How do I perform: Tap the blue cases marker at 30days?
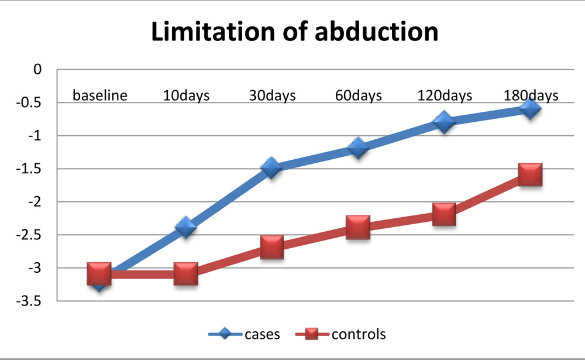click(271, 168)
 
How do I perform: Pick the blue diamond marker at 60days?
click(357, 148)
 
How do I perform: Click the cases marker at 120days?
click(444, 122)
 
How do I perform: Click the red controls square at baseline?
click(99, 273)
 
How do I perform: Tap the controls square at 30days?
click(271, 247)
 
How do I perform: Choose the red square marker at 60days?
click(357, 227)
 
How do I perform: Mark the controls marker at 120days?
click(444, 214)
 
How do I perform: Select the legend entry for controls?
click(343, 334)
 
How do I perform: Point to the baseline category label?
click(99, 95)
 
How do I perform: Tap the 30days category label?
click(271, 95)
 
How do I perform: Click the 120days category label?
click(444, 95)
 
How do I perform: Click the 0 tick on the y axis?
click(38, 70)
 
